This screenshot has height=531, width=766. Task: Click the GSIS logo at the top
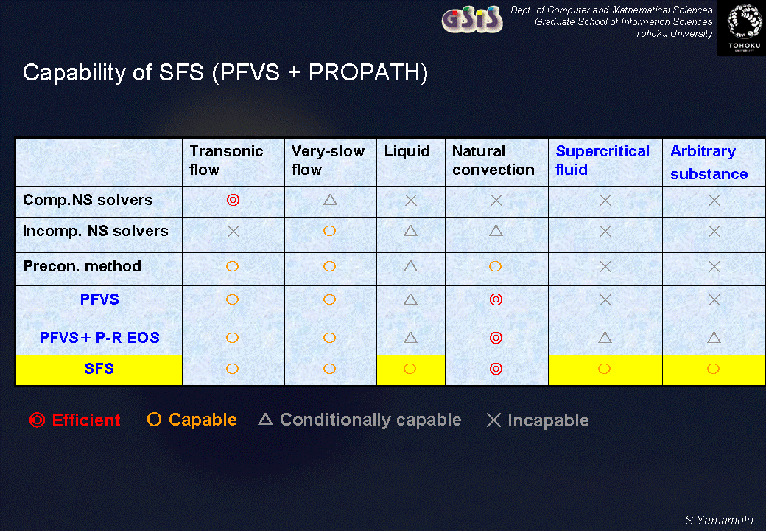472,20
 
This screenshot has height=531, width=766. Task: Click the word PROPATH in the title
368,72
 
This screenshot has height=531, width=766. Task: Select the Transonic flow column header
226,160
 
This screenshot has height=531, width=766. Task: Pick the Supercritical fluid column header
602,160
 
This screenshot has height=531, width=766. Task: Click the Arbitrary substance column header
709,162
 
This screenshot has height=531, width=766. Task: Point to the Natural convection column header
493,160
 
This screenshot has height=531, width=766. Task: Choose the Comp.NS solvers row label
88,200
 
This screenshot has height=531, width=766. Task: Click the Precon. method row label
82,266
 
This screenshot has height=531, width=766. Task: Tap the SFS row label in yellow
99,369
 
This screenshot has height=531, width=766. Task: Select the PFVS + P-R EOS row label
99,338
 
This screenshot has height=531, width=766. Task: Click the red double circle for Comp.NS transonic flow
233,200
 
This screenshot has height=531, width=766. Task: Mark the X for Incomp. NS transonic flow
233,232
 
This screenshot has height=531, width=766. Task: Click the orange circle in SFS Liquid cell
410,369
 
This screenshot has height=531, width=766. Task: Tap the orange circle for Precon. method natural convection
496,266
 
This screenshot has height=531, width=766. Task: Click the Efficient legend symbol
37,420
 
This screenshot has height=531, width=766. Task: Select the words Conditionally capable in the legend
370,420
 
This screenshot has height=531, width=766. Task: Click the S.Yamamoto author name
719,520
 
